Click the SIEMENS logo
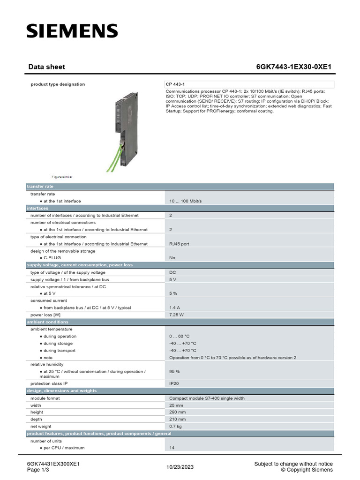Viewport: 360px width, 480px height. click(x=72, y=31)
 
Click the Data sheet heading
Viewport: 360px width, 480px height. click(x=47, y=67)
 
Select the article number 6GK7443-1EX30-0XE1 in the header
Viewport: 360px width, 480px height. click(x=293, y=67)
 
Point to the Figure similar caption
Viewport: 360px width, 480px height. click(x=62, y=177)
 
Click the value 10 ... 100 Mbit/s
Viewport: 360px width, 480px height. click(x=185, y=201)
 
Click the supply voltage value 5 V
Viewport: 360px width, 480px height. click(x=172, y=279)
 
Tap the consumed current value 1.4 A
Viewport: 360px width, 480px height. click(x=174, y=307)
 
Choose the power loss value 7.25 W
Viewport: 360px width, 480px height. click(x=176, y=315)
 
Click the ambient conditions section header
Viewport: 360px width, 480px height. click(x=47, y=322)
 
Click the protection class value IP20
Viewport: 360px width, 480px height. click(x=174, y=383)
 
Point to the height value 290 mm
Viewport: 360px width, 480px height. click(x=177, y=412)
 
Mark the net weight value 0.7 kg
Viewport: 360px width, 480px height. click(x=175, y=427)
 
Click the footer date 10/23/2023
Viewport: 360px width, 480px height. click(x=180, y=467)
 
